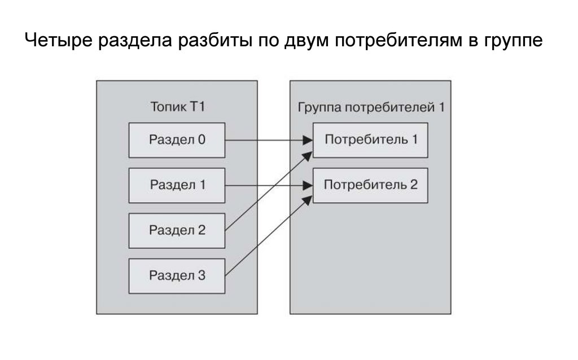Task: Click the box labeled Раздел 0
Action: [x=177, y=139]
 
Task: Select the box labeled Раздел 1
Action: [x=177, y=185]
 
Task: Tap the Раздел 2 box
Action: [x=177, y=230]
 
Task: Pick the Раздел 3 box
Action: [x=177, y=276]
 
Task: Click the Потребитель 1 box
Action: [x=370, y=139]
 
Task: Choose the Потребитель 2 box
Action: [x=370, y=185]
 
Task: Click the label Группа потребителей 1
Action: [x=371, y=107]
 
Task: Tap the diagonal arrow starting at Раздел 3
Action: [x=265, y=236]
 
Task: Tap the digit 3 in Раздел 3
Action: [x=202, y=276]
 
